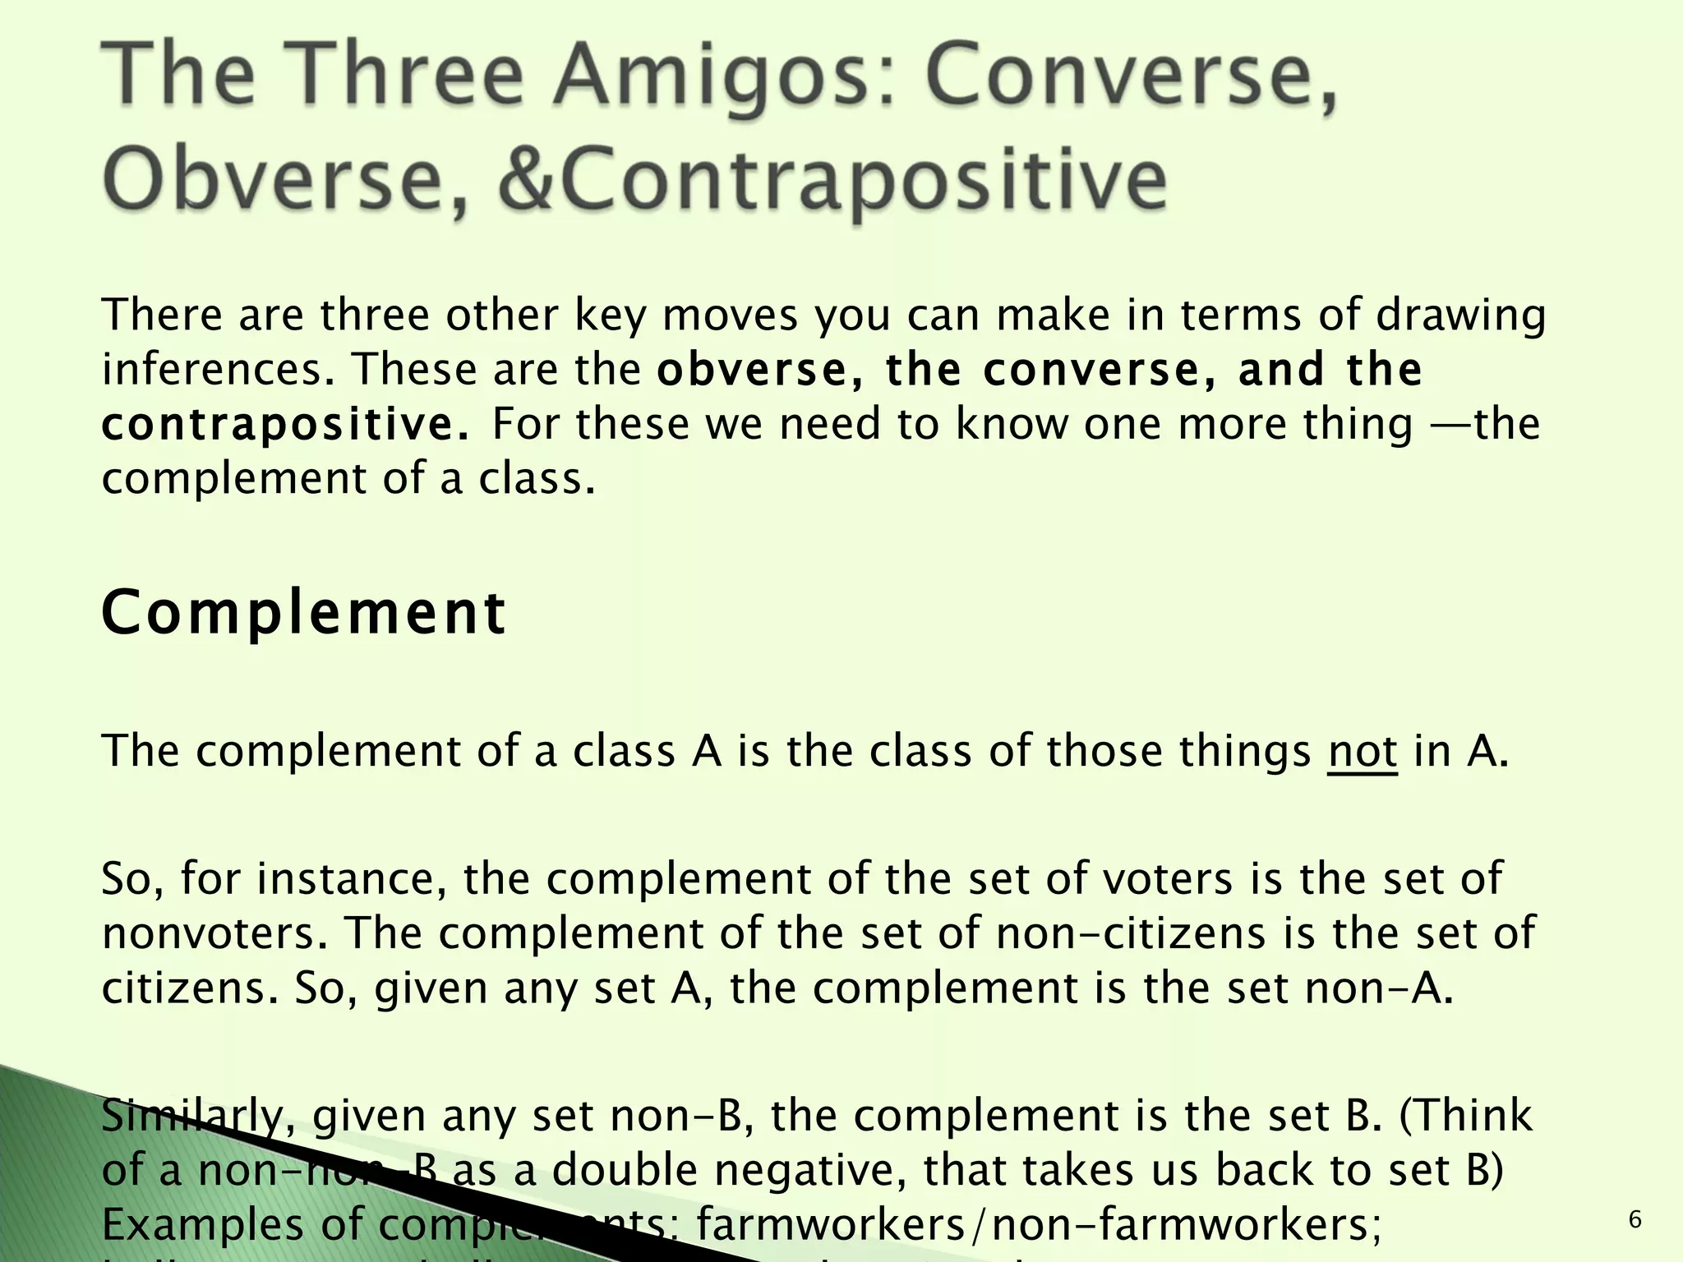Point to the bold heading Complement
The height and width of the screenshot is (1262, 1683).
point(304,614)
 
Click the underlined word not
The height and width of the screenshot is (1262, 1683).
point(1362,751)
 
